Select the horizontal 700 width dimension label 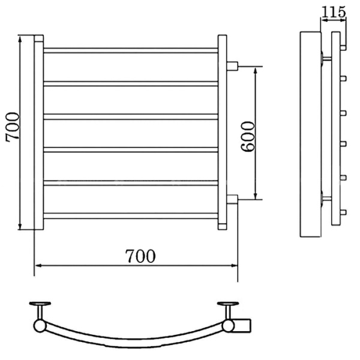click(x=140, y=256)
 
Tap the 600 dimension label click(x=247, y=136)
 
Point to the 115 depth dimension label click(x=334, y=11)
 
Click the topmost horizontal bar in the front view click(x=131, y=50)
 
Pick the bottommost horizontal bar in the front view click(x=131, y=215)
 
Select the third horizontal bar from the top click(x=131, y=116)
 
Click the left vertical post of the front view click(x=38, y=133)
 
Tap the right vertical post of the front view click(x=223, y=133)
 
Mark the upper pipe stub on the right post click(x=233, y=65)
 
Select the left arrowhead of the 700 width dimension click(x=38, y=265)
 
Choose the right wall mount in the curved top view click(x=229, y=309)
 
